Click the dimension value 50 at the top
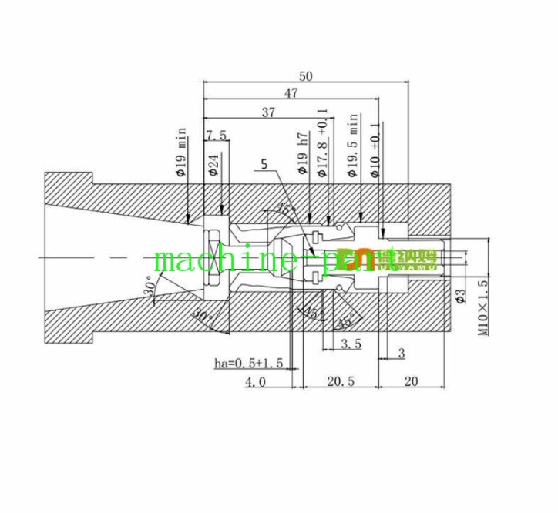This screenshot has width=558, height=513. [306, 75]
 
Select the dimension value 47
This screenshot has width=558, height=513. [291, 93]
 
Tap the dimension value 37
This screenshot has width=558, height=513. [267, 112]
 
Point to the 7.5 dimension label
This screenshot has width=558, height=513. [217, 136]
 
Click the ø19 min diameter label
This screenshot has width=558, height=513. [182, 153]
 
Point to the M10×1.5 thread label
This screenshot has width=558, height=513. [484, 307]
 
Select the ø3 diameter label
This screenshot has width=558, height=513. [459, 296]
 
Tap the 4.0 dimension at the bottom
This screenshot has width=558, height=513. [256, 382]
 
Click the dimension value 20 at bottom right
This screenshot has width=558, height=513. [410, 382]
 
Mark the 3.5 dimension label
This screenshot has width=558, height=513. [351, 344]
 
